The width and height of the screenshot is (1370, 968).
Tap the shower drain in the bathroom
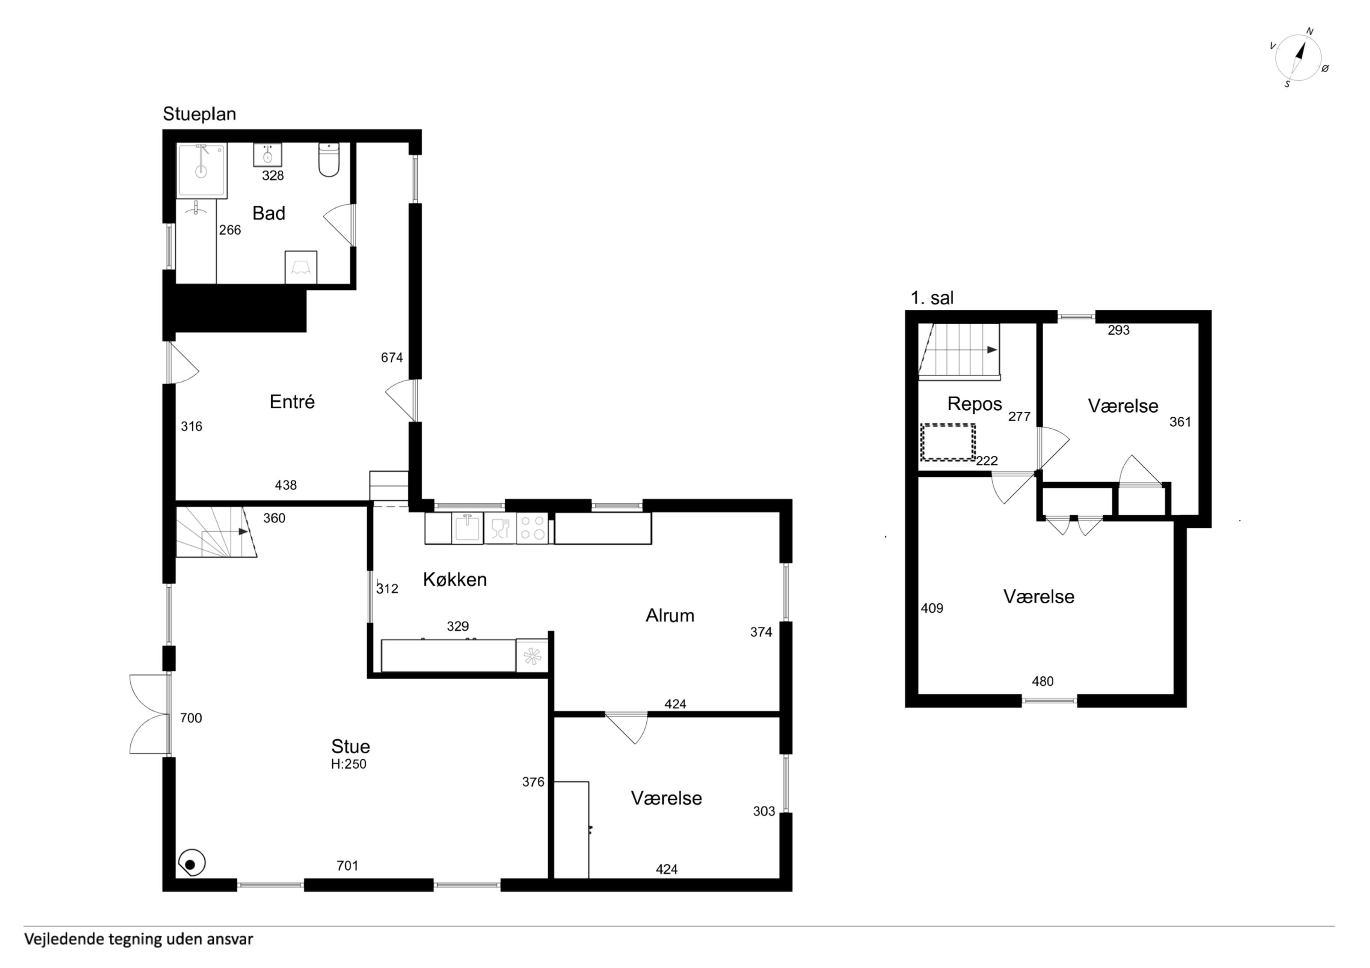201,172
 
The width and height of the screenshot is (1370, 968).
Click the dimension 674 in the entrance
392,357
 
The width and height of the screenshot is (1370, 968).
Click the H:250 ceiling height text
349,764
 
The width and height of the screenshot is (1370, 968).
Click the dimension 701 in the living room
347,866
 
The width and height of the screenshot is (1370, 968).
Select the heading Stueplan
199,114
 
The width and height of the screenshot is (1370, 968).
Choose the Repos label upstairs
975,404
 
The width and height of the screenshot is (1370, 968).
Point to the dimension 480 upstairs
1043,681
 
